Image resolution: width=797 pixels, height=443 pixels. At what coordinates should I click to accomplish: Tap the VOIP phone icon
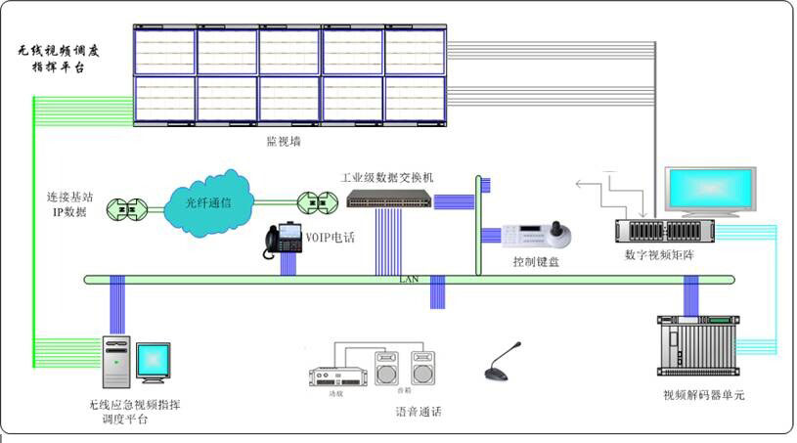(285, 240)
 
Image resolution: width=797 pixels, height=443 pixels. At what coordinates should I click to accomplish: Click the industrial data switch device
(388, 199)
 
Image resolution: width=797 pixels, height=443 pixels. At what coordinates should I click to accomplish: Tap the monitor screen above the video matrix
(709, 191)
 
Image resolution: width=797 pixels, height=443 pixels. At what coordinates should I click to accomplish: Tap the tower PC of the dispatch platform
(115, 363)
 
